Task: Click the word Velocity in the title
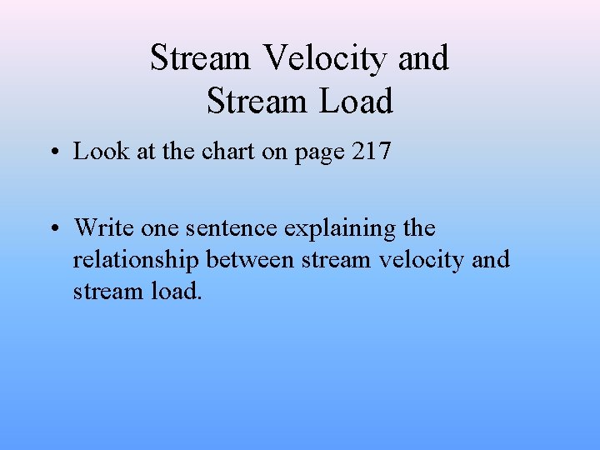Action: [x=327, y=58]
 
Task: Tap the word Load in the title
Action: [x=354, y=102]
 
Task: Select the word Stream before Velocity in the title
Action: [x=200, y=58]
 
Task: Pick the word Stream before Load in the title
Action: [x=257, y=102]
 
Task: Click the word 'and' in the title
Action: [x=423, y=58]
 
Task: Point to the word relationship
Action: [x=136, y=261]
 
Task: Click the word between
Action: [x=250, y=260]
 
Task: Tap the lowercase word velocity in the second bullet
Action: [x=421, y=261]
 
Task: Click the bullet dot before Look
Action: [x=52, y=152]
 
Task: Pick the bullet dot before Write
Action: [x=52, y=228]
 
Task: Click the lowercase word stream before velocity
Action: [x=336, y=260]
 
